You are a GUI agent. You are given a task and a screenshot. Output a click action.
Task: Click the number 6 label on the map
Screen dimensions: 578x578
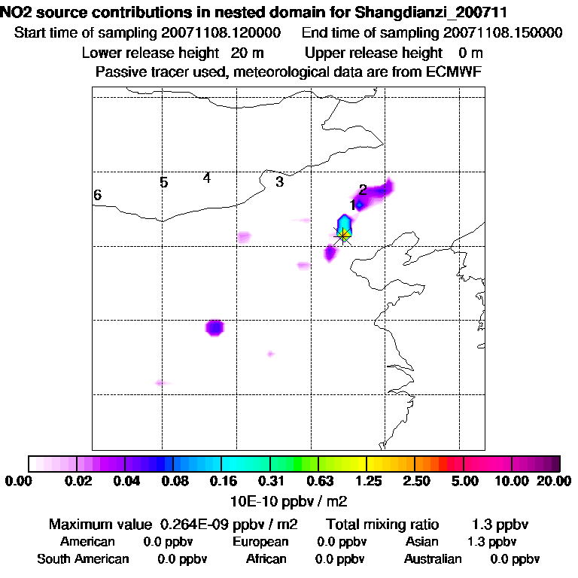(x=97, y=196)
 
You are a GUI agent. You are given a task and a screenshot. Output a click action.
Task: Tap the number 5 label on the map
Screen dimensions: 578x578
(x=163, y=182)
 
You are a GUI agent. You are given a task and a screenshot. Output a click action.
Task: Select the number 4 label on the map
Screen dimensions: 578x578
(x=206, y=178)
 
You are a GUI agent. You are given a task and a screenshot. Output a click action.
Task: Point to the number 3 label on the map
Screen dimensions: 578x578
(x=279, y=181)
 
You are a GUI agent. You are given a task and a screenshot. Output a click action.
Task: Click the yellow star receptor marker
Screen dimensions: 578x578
(x=344, y=236)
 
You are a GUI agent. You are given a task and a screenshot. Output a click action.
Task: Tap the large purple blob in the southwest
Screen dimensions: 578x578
(x=215, y=327)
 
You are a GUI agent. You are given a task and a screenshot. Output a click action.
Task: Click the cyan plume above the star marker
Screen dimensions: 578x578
(x=345, y=224)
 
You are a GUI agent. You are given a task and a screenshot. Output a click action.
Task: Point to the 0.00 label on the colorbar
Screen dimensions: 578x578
(x=20, y=481)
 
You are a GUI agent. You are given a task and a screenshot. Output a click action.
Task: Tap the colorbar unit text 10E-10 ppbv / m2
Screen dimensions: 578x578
(x=289, y=500)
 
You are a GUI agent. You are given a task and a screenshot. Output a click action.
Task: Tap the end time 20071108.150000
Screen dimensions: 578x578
(x=502, y=33)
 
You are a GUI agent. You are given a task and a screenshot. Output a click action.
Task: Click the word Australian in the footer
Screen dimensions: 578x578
(x=433, y=559)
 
